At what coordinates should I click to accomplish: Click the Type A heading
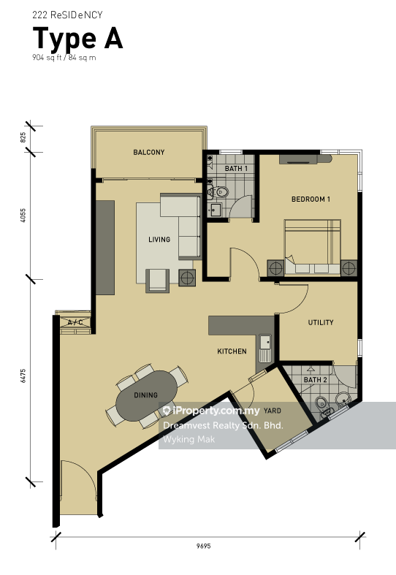pyautogui.click(x=77, y=39)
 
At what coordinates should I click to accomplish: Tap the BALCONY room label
pyautogui.click(x=149, y=152)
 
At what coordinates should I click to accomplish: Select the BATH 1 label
pyautogui.click(x=236, y=168)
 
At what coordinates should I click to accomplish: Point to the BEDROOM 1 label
pyautogui.click(x=311, y=199)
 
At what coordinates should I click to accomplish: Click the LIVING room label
pyautogui.click(x=159, y=240)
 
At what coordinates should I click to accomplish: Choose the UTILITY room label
pyautogui.click(x=321, y=322)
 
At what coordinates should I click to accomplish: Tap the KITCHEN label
pyautogui.click(x=232, y=351)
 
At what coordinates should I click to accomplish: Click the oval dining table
pyautogui.click(x=146, y=395)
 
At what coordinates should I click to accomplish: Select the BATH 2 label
pyautogui.click(x=316, y=380)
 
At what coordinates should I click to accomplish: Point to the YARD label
pyautogui.click(x=273, y=411)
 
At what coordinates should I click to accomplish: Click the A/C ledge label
pyautogui.click(x=75, y=322)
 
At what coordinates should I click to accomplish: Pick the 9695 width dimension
pyautogui.click(x=204, y=546)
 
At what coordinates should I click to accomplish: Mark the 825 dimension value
pyautogui.click(x=23, y=137)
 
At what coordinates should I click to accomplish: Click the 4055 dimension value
pyautogui.click(x=23, y=216)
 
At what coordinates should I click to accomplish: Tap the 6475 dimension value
pyautogui.click(x=23, y=376)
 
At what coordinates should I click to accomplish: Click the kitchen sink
pyautogui.click(x=264, y=346)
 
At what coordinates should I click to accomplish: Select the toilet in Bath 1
pyautogui.click(x=218, y=192)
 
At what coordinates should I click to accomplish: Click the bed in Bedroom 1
pyautogui.click(x=313, y=247)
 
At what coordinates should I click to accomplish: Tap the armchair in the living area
pyautogui.click(x=157, y=281)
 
